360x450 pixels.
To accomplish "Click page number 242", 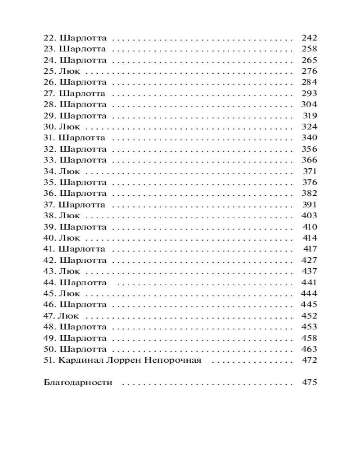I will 308,38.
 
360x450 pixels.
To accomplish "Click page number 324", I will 309,127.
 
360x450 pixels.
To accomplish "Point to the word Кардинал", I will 77,360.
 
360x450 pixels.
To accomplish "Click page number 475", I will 309,383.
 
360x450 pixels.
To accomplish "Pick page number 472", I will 309,360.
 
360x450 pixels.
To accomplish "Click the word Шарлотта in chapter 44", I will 84,283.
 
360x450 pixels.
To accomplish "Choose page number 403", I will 308,216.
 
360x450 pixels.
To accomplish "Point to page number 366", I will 308,160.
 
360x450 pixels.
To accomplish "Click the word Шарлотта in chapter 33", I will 83,160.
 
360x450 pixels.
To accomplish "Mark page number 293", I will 308,94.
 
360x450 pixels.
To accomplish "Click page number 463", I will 308,349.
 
